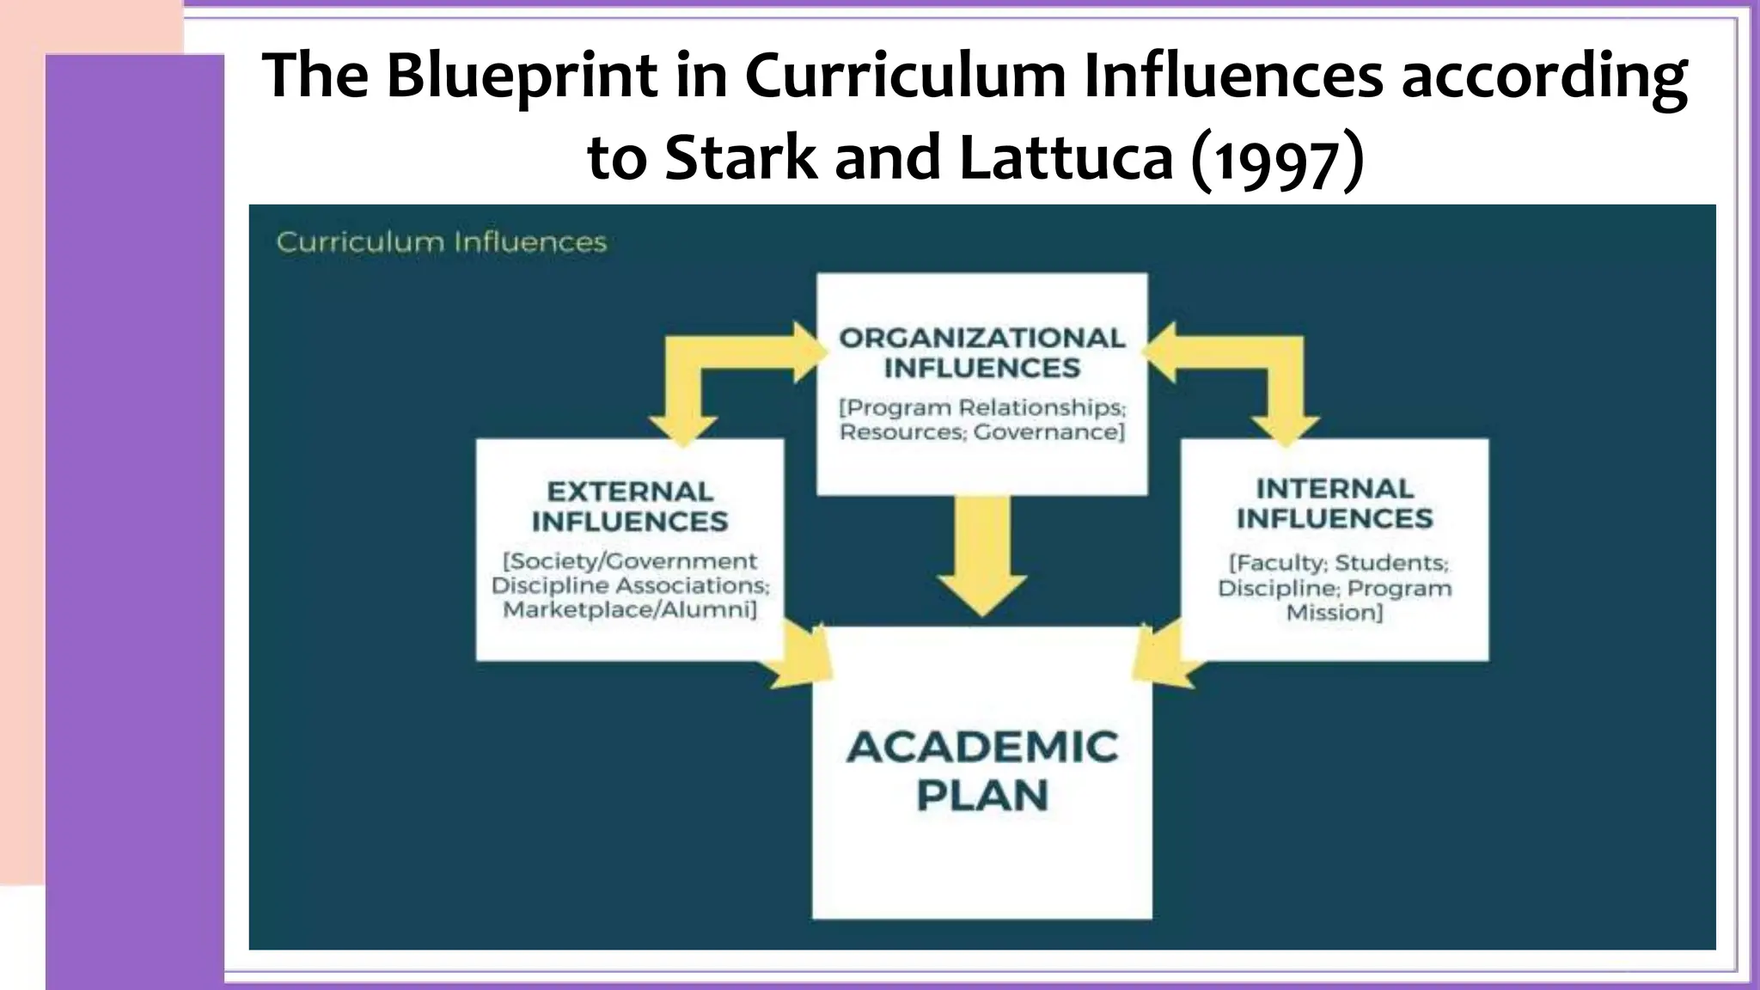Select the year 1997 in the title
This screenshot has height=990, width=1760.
(1275, 160)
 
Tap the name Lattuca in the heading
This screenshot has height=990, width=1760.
(1065, 158)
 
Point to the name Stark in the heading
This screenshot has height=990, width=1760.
(741, 158)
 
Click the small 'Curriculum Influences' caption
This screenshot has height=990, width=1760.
(441, 242)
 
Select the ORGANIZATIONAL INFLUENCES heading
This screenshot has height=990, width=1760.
(981, 352)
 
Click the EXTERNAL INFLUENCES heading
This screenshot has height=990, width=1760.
(629, 506)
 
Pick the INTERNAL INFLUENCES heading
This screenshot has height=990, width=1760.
(1334, 504)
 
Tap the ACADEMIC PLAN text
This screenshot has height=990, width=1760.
(982, 770)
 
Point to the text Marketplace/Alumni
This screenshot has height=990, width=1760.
(629, 610)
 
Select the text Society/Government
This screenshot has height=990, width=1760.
(630, 561)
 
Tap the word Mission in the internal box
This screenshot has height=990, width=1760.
(1334, 613)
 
